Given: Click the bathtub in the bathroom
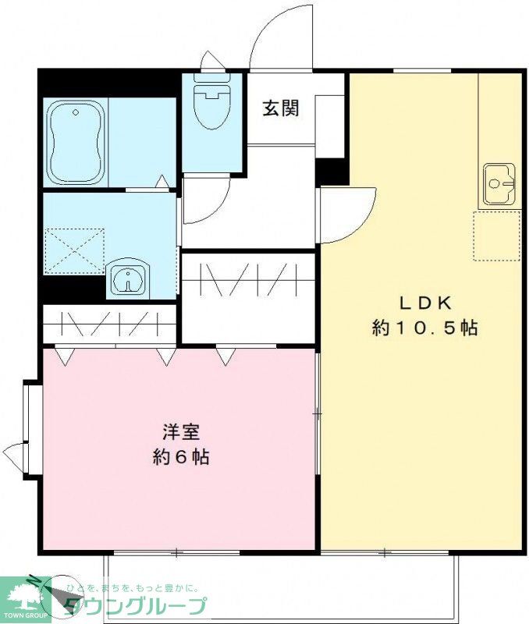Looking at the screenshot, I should point(76,143).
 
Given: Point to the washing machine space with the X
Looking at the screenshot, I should point(74,250).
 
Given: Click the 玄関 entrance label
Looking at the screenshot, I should point(280,108).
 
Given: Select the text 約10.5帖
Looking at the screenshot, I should point(424,328).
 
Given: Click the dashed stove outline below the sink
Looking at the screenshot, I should point(496,235).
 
